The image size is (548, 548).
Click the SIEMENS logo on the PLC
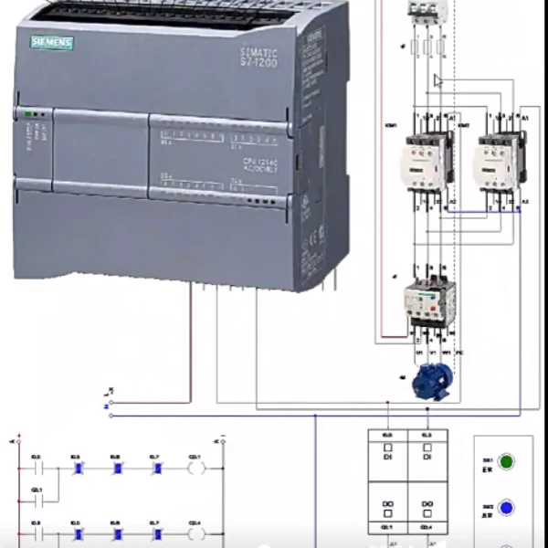coord(52,43)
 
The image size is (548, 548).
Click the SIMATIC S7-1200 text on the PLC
coord(259,58)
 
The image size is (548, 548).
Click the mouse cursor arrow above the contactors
coord(438,81)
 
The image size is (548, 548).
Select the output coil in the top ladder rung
coord(195,469)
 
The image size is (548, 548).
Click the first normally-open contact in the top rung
coord(37,469)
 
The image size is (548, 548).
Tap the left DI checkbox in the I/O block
coord(387,449)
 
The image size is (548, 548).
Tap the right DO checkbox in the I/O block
coord(427,506)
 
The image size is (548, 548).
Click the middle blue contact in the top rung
coord(117,469)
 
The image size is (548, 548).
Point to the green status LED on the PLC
coord(28,115)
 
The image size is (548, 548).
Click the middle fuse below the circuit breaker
coord(428,47)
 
